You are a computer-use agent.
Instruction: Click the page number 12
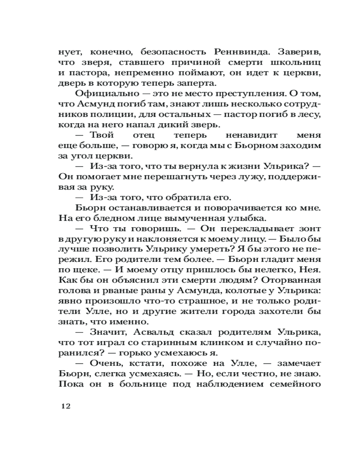pos(66,405)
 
